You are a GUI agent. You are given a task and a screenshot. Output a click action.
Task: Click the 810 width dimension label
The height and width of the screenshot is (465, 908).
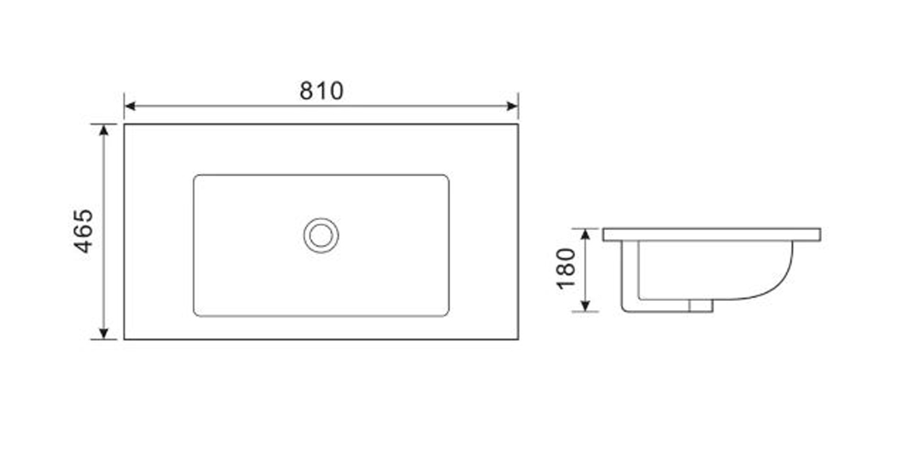[x=322, y=91]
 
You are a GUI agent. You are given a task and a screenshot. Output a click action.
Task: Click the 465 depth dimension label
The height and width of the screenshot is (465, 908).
[x=83, y=231]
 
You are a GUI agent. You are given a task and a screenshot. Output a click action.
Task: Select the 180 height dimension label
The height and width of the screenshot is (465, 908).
[x=566, y=268]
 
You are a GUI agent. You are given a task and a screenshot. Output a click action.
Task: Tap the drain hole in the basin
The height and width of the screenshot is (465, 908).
[x=321, y=235]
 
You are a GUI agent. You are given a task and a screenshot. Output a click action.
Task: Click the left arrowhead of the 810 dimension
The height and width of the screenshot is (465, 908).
[x=129, y=106]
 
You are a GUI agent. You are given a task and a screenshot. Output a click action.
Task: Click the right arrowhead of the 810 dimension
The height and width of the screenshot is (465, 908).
[x=512, y=106]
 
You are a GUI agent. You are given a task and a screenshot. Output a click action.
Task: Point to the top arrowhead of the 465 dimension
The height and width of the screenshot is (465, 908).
[x=104, y=130]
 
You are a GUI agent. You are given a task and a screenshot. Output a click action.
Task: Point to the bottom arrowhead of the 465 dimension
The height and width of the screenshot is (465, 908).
[x=104, y=333]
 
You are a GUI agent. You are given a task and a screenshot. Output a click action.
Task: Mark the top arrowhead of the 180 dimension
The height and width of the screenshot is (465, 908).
[x=586, y=234]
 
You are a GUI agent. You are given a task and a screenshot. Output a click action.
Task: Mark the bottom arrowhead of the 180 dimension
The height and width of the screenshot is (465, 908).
[x=586, y=305]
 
